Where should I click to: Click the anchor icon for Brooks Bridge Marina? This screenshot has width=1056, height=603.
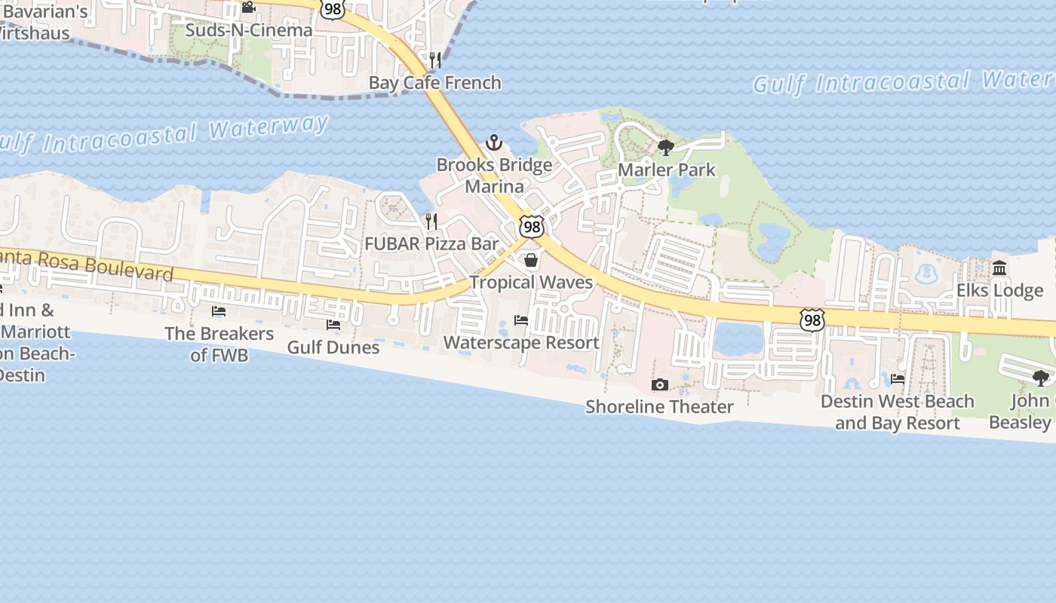493,142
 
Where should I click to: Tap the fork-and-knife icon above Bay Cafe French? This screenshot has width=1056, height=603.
435,60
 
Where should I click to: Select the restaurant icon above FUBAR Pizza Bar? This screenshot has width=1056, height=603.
431,221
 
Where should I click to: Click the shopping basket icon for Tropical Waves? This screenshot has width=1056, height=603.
531,260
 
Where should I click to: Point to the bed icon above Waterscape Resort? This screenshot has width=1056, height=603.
521,320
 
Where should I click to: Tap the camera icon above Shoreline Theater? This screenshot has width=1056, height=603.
659,384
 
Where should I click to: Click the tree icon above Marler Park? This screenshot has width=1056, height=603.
665,147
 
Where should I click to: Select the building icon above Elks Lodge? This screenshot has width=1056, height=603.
1000,268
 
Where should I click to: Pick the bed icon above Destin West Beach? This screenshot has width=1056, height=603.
898,378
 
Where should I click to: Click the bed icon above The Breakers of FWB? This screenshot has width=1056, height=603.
219,311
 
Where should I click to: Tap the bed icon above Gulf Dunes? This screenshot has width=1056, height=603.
333,324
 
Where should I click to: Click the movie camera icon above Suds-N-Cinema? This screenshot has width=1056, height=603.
248,8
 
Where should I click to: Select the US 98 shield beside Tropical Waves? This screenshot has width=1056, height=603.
531,226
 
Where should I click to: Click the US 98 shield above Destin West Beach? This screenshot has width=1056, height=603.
812,320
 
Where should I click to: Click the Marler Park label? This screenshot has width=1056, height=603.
666,170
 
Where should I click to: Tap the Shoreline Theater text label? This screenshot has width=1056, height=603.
659,407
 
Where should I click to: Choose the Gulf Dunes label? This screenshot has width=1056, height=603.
333,347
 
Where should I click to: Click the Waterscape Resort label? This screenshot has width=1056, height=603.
521,342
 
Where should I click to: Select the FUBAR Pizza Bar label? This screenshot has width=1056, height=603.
431,243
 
